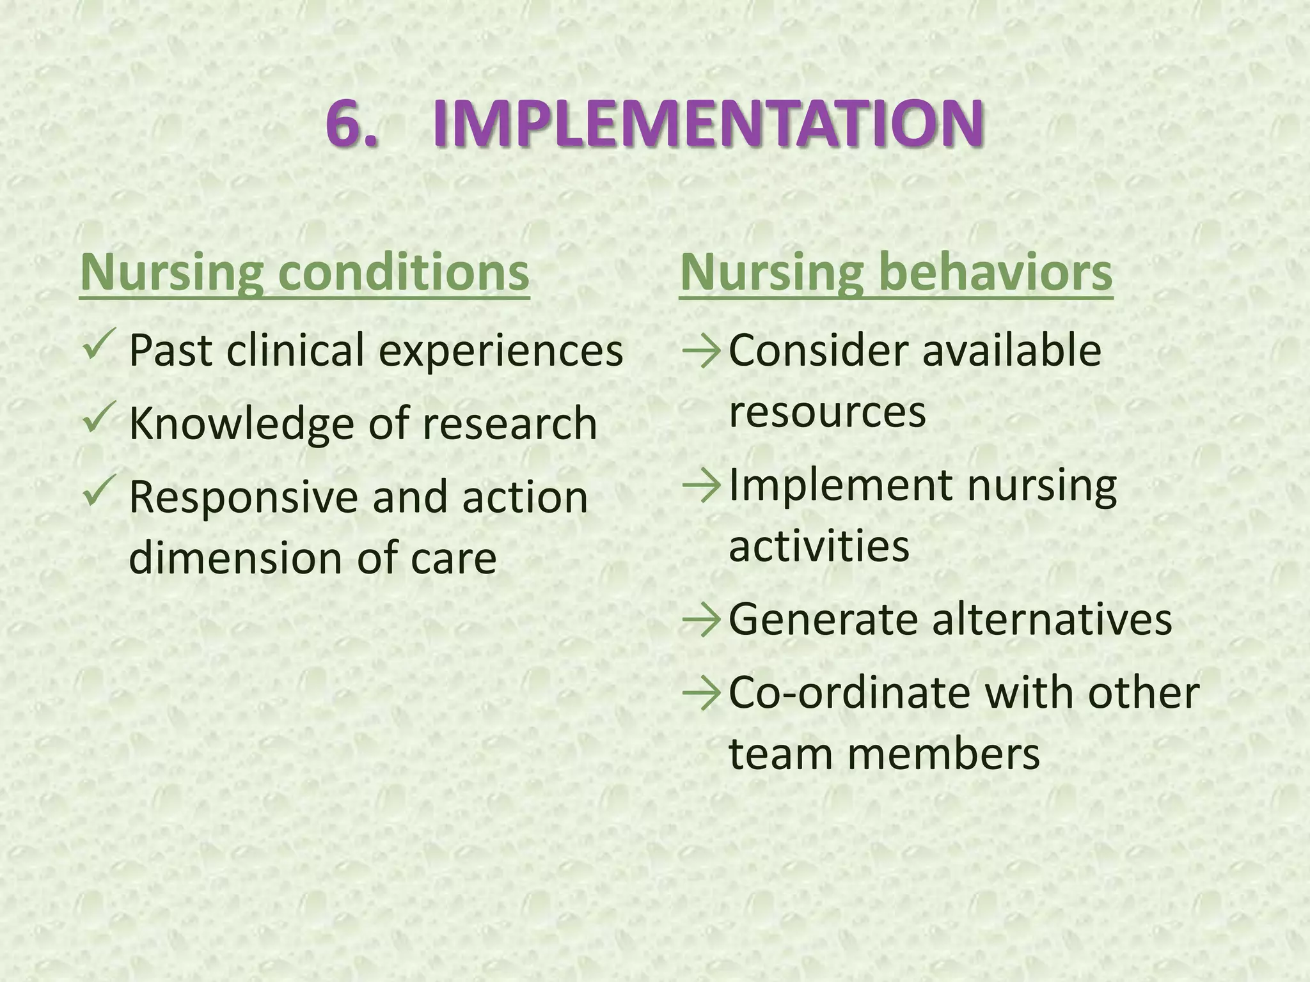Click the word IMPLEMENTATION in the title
click(x=707, y=123)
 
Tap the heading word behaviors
click(x=995, y=272)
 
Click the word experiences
click(x=501, y=352)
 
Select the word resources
click(x=827, y=412)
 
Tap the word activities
click(x=819, y=547)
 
